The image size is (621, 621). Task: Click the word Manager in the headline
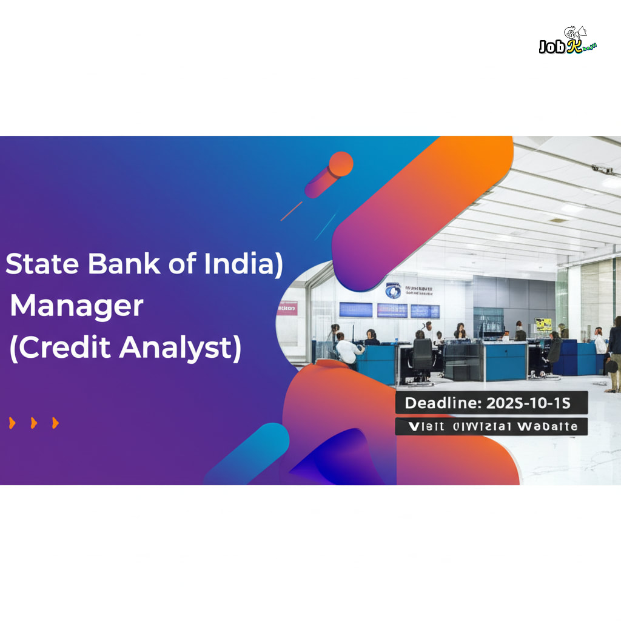[x=77, y=306]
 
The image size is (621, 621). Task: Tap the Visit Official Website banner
[x=491, y=426]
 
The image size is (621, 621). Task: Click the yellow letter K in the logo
[x=572, y=47]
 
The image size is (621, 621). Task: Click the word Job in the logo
[x=552, y=47]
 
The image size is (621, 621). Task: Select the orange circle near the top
[x=341, y=164]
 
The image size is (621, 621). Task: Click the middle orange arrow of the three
[x=34, y=423]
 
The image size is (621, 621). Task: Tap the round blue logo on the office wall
[x=393, y=290]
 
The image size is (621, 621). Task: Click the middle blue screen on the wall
[x=392, y=310]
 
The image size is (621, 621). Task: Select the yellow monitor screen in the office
[x=543, y=324]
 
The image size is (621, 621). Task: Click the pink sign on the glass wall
[x=288, y=308]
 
